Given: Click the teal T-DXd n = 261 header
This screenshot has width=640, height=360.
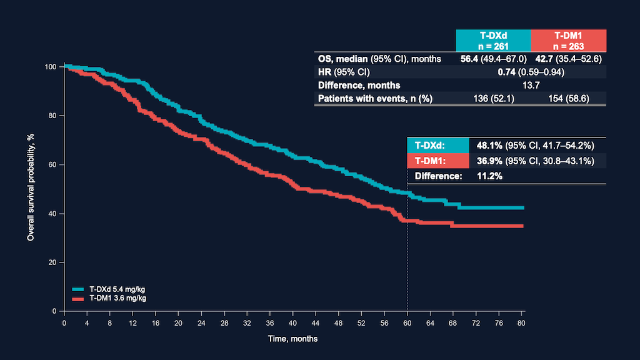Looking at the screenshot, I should tap(493, 41).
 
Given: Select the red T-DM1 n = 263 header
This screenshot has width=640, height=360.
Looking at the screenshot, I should tap(568, 41).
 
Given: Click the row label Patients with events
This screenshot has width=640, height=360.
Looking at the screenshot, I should tap(374, 98).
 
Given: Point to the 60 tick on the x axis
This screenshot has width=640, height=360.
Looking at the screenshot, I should tap(407, 322).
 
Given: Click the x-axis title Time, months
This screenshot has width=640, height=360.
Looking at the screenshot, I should tap(294, 339).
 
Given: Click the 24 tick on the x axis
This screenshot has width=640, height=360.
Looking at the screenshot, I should tap(201, 322).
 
